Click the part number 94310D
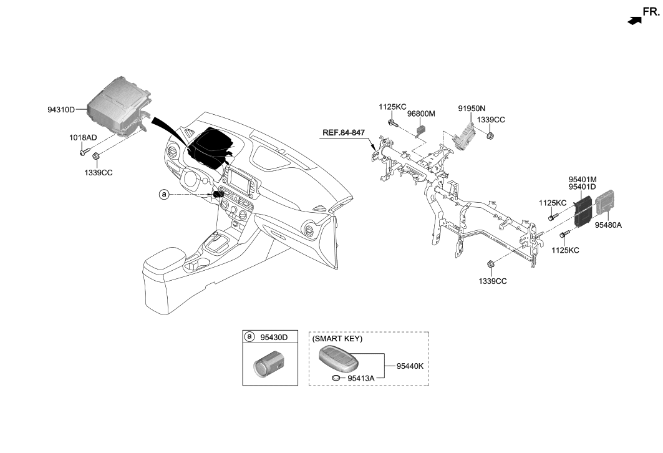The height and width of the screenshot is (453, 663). (60, 109)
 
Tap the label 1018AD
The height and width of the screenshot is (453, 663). (82, 137)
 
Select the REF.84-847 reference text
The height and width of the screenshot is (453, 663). (343, 133)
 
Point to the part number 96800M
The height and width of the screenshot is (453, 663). (421, 114)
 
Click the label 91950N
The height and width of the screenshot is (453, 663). (472, 108)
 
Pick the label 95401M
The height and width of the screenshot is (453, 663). (582, 178)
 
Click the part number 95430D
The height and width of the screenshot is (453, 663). (274, 338)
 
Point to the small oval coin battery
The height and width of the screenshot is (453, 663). (337, 377)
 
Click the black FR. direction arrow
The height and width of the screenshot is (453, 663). (634, 21)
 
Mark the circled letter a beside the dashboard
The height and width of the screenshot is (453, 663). (164, 195)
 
